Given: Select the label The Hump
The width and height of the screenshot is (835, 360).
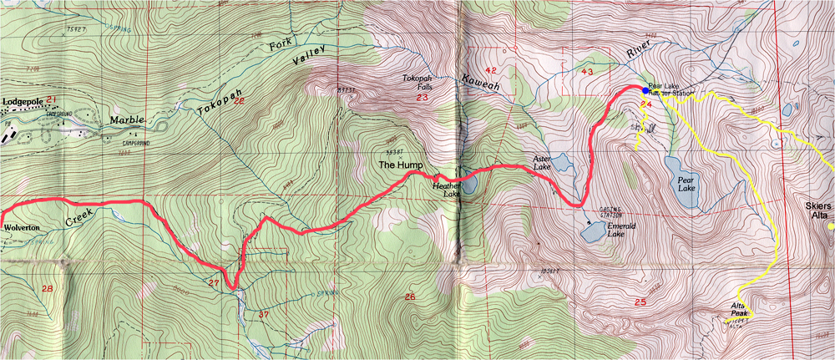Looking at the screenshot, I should coord(397,165).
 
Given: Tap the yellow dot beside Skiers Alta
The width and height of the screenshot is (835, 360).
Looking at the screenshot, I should coord(829,226).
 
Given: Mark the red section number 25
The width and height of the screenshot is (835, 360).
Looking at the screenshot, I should coord(640,302).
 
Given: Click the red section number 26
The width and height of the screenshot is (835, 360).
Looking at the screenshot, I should coord(408,297).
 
